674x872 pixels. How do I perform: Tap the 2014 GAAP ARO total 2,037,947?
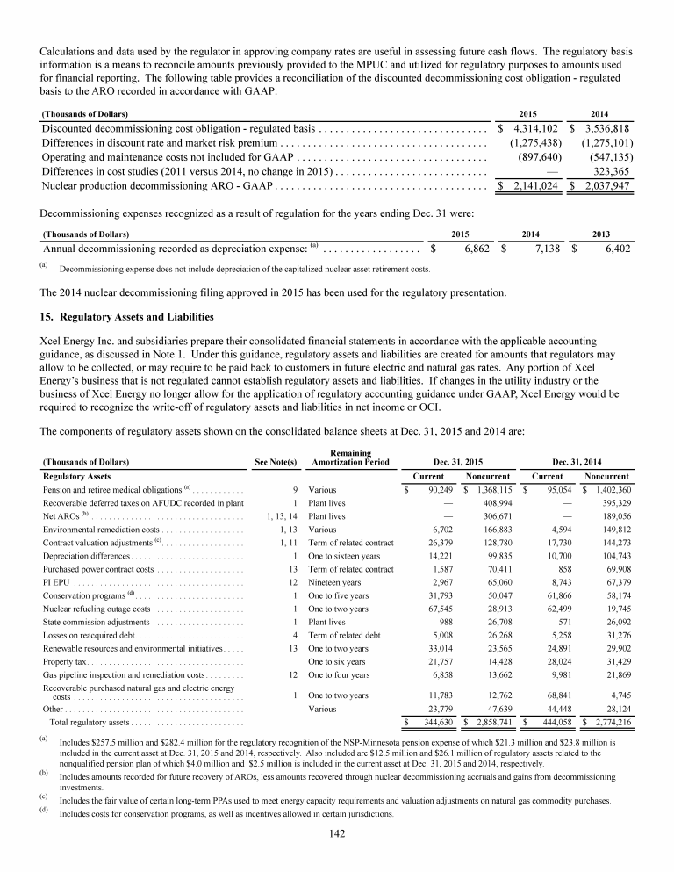pos(601,186)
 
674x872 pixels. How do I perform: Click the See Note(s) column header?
pos(276,461)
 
